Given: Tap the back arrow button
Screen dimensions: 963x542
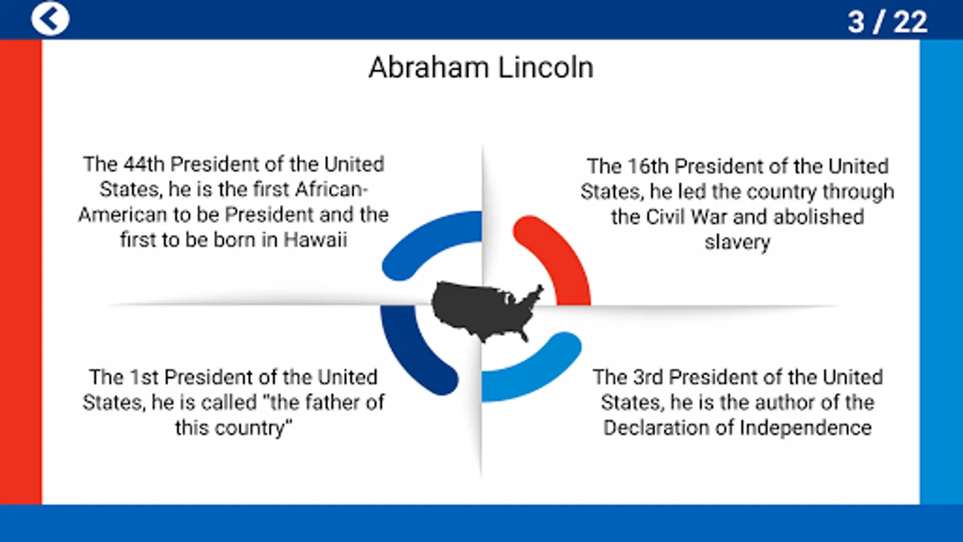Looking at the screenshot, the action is tap(50, 19).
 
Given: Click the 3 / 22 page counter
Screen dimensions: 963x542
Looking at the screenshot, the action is tap(887, 22).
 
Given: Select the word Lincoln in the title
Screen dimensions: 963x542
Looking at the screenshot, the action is tap(546, 67).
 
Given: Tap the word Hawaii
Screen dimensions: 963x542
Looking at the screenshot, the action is tap(315, 240).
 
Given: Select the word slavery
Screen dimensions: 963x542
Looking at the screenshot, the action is tap(737, 242).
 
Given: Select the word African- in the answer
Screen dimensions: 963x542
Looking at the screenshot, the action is tap(332, 190).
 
